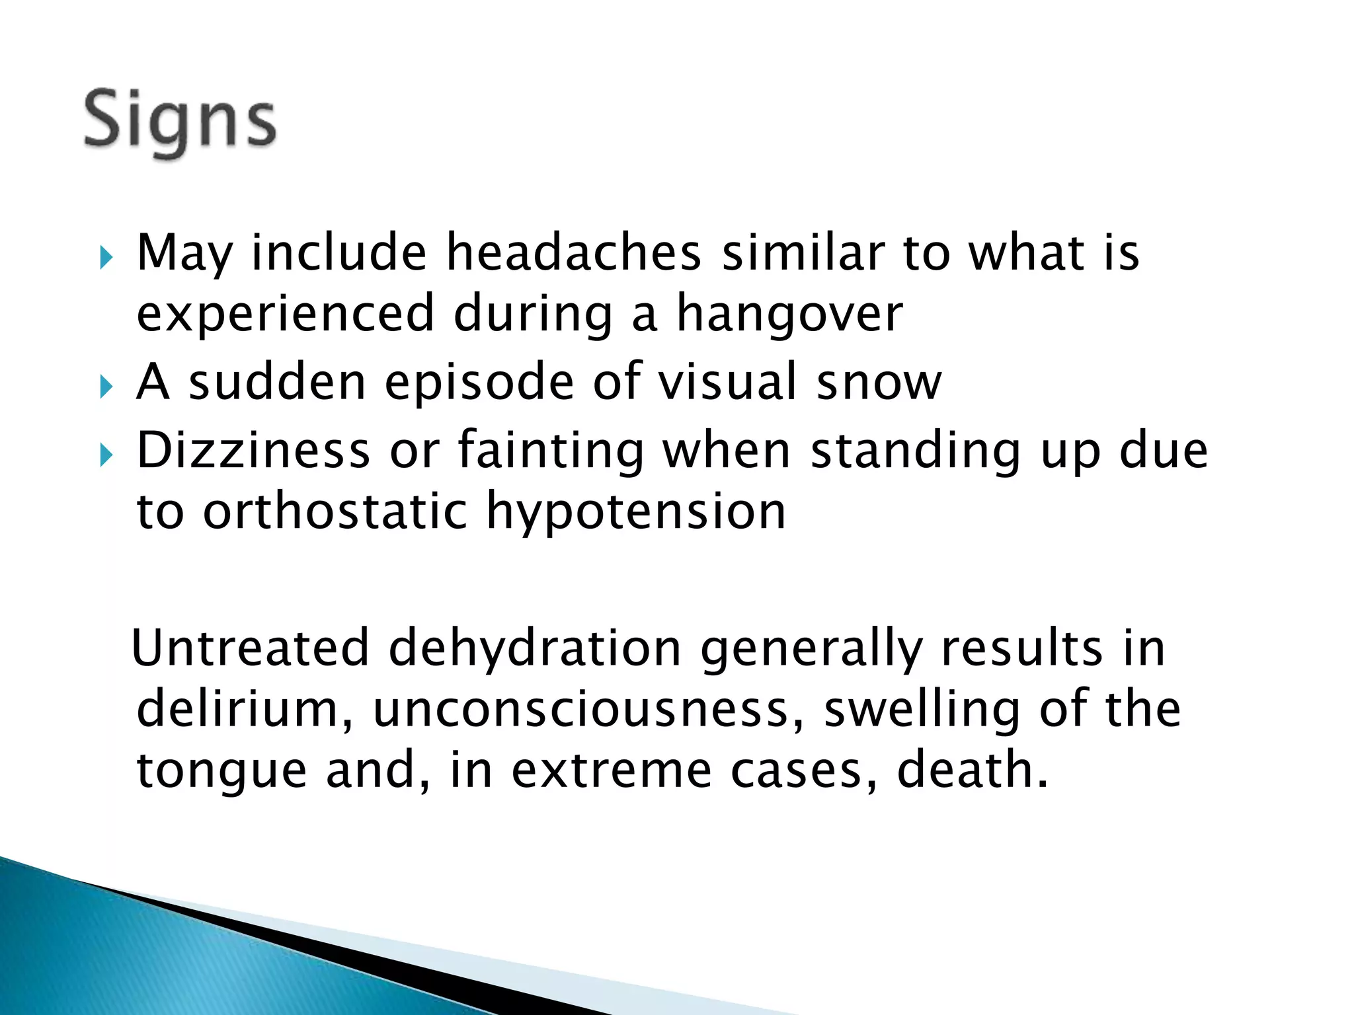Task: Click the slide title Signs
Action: point(180,122)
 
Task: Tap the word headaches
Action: point(573,253)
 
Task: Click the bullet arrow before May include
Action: point(106,257)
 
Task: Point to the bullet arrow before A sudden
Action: point(106,387)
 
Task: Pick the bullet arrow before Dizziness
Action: point(106,455)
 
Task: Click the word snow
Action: point(879,383)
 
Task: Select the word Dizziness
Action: point(253,451)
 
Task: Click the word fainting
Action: point(551,451)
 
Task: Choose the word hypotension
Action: point(636,513)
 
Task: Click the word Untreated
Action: point(251,648)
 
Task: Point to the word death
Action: point(973,771)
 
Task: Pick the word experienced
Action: point(285,315)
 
